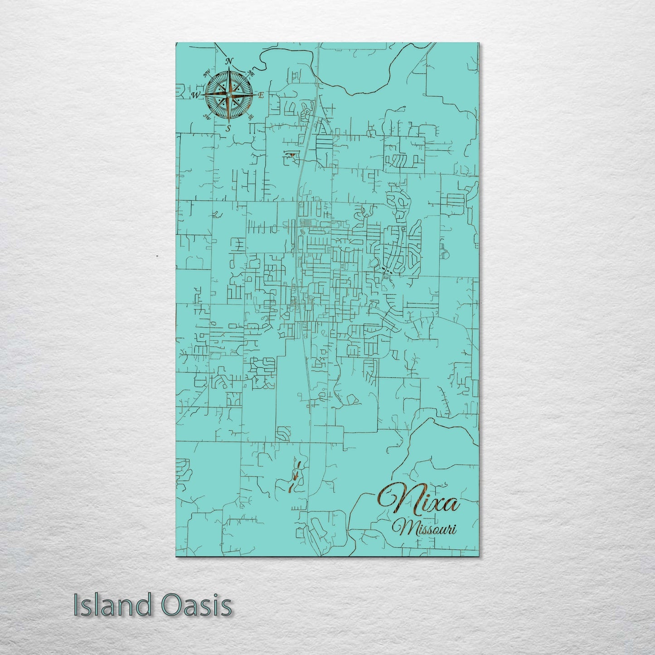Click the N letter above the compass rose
229,62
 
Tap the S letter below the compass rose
228,128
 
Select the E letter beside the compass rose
261,96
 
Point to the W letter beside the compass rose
196,95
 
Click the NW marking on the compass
207,73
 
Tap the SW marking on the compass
207,117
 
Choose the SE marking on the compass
250,116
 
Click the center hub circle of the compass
228,95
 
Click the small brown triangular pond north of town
294,155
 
